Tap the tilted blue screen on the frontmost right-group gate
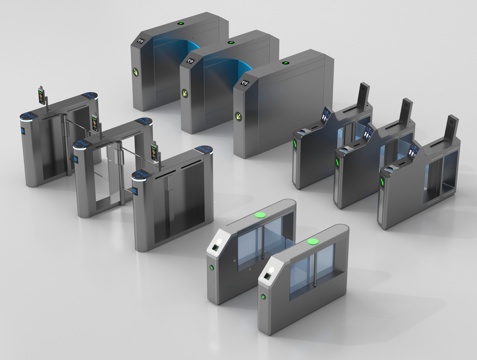coord(411,151)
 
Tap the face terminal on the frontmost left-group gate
coord(157,152)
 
